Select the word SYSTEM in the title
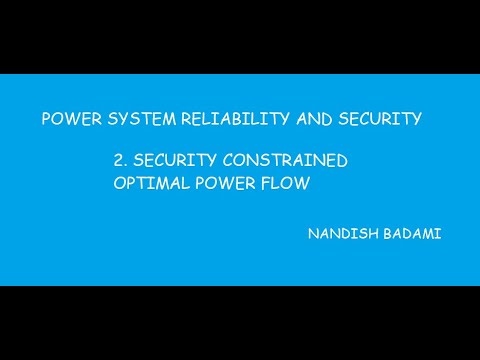pyautogui.click(x=135, y=119)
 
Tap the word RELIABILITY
pyautogui.click(x=226, y=119)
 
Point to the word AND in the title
pyautogui.click(x=307, y=119)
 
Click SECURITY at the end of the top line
pyautogui.click(x=376, y=119)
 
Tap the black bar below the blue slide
pyautogui.click(x=240, y=322)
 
